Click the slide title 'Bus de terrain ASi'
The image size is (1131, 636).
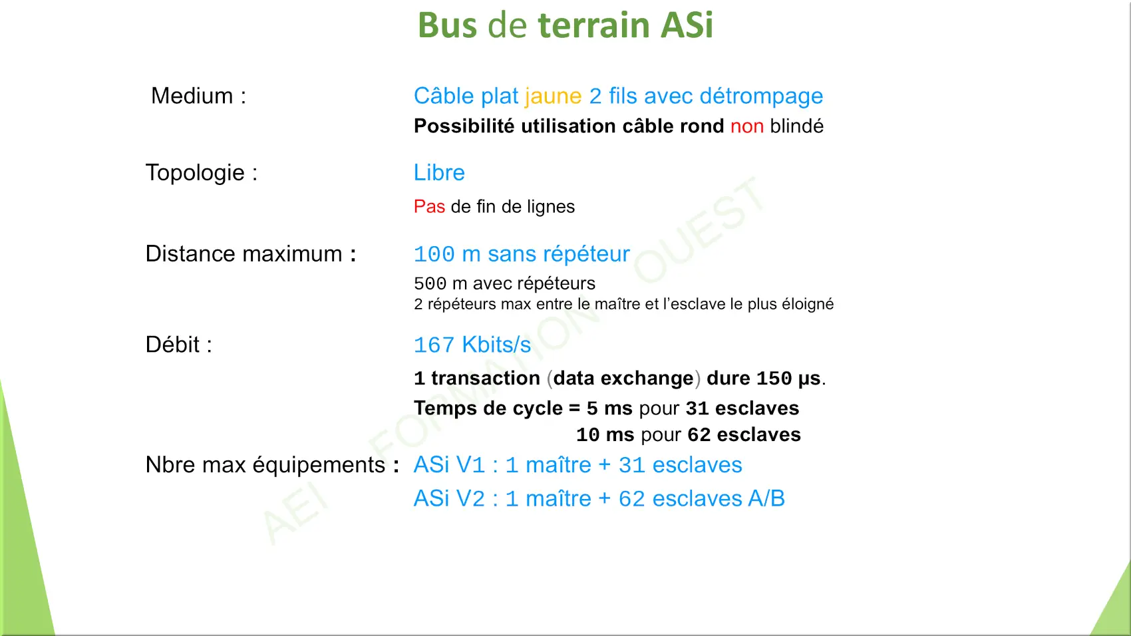(565, 25)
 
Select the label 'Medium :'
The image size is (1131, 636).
(198, 95)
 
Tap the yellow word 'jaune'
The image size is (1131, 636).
(553, 96)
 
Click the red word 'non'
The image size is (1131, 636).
(746, 126)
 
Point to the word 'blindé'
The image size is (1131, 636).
(796, 126)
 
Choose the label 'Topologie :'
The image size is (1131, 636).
(202, 173)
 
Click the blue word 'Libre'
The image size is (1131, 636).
(439, 172)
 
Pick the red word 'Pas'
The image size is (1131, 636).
(429, 206)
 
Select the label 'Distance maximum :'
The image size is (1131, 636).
(251, 253)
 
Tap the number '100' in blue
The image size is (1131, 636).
(434, 254)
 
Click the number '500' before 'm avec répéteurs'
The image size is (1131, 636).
(430, 283)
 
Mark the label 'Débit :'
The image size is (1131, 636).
(179, 345)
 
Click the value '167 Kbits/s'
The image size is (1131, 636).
(472, 345)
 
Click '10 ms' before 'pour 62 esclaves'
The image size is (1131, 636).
(605, 434)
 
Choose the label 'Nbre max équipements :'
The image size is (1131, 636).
(273, 466)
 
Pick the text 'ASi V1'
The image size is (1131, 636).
(449, 465)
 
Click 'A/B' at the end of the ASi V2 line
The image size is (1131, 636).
(766, 499)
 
